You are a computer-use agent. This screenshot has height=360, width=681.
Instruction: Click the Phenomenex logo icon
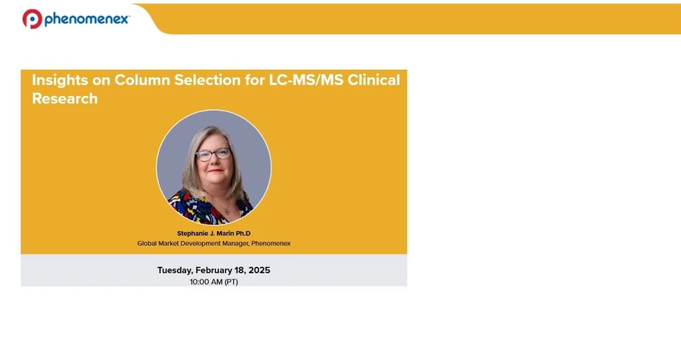click(32, 19)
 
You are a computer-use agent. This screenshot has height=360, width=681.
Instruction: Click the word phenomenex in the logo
click(86, 20)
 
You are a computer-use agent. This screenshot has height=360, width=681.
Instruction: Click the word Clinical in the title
click(374, 80)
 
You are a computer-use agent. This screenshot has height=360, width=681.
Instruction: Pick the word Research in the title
click(64, 99)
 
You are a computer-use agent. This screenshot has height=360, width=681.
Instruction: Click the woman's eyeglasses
click(213, 154)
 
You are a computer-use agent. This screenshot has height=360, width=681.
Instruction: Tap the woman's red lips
click(215, 171)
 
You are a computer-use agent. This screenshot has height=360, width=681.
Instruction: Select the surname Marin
click(226, 233)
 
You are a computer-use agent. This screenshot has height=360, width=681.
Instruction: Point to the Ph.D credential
click(243, 233)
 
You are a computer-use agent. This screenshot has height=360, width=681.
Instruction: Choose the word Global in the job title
click(148, 244)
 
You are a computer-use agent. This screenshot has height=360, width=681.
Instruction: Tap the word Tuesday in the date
click(174, 270)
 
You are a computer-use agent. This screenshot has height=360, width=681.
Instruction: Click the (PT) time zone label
click(232, 282)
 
